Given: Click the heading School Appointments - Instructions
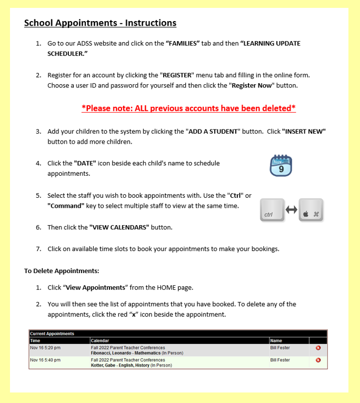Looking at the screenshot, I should click(x=100, y=23).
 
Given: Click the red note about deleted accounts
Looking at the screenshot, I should click(x=188, y=108).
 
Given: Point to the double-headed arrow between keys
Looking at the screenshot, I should click(x=292, y=209).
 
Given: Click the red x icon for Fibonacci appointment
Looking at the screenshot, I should click(x=318, y=348).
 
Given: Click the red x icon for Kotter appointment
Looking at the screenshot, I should click(x=318, y=360).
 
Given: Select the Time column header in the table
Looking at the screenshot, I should click(x=35, y=340).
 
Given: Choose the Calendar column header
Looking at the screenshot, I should click(x=101, y=340).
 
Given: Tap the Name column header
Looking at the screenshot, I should click(x=276, y=340).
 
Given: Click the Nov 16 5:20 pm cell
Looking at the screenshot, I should click(x=45, y=348).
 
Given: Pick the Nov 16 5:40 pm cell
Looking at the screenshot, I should click(x=45, y=360).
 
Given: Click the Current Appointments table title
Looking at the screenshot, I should click(x=52, y=334).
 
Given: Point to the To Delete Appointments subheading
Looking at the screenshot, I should click(x=62, y=271).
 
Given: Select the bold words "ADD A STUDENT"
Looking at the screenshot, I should click(x=214, y=131).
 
